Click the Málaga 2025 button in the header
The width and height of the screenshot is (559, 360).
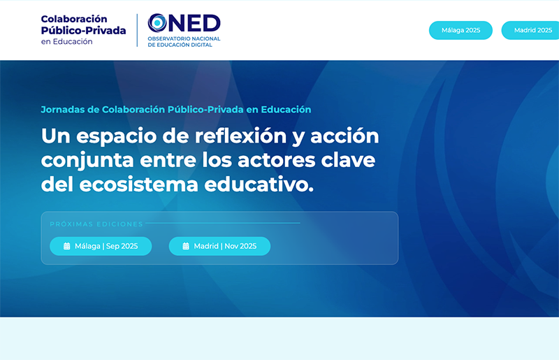click(x=460, y=30)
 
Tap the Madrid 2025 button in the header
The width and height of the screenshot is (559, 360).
click(x=530, y=30)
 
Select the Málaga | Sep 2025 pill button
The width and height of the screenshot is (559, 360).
click(x=101, y=246)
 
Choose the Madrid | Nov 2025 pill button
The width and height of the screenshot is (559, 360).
click(x=219, y=246)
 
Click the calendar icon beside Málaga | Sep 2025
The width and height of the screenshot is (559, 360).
click(x=66, y=246)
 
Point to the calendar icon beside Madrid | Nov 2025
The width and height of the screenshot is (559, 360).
click(x=186, y=246)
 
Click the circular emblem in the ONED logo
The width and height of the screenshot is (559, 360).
click(x=157, y=23)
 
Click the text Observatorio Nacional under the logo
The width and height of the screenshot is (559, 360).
click(x=184, y=38)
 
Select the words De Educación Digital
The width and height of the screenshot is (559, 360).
click(x=180, y=45)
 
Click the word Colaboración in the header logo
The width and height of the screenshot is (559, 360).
click(x=74, y=19)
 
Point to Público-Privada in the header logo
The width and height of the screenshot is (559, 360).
click(x=83, y=31)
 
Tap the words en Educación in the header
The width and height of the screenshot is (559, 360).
click(x=66, y=42)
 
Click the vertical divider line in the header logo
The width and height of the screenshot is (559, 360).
click(x=137, y=30)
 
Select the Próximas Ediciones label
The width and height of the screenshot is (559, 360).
click(x=96, y=224)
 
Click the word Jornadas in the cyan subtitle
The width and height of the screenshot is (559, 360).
click(x=63, y=110)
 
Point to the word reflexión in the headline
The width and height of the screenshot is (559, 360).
click(x=240, y=136)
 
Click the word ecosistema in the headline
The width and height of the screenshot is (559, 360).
click(x=138, y=185)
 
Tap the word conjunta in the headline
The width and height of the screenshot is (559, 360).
click(x=87, y=161)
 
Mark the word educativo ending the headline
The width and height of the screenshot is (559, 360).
click(x=259, y=185)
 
